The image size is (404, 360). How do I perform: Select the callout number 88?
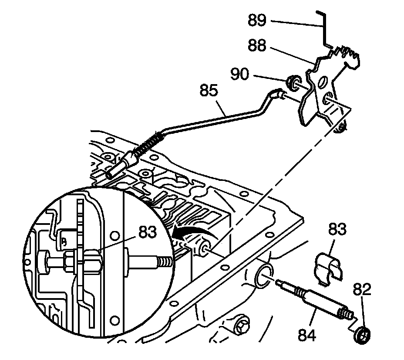257,45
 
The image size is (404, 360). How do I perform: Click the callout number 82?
363,288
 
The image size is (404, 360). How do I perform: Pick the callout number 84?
308,336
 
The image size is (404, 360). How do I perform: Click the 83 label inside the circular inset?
148,233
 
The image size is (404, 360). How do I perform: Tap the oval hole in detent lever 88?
323,83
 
